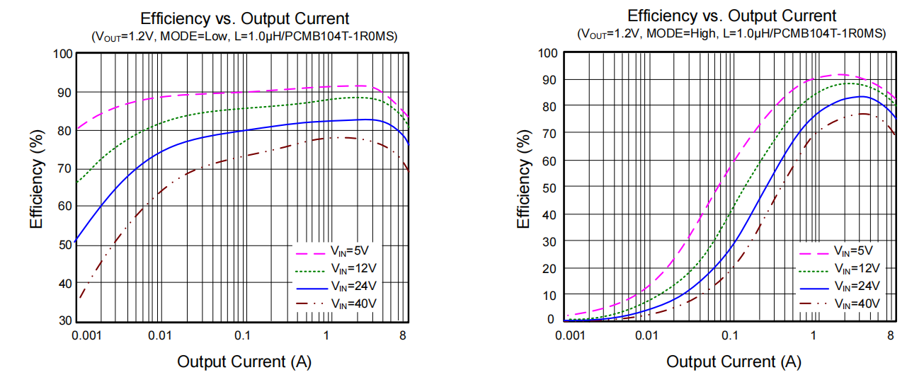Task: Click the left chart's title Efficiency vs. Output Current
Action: click(244, 18)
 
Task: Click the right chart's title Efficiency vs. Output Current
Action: click(731, 16)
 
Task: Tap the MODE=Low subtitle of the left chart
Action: click(244, 36)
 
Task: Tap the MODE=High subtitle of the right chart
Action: click(731, 33)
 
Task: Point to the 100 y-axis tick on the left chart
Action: click(63, 54)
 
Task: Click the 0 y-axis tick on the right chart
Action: click(550, 320)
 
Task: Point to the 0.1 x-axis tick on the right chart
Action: click(730, 334)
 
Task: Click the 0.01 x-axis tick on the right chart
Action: click(646, 334)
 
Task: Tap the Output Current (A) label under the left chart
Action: click(244, 362)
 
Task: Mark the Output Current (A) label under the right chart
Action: click(733, 362)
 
